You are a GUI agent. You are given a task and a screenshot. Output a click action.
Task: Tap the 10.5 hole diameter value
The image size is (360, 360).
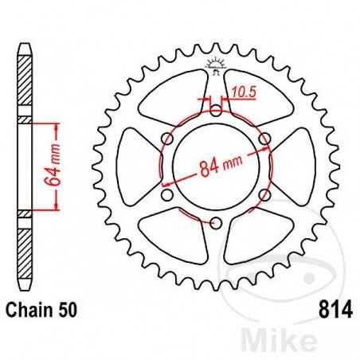pyautogui.click(x=243, y=94)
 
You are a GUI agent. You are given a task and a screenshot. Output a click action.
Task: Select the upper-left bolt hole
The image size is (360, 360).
pyautogui.click(x=166, y=139)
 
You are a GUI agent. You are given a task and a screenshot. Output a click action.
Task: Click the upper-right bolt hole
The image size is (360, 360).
pyautogui.click(x=264, y=139)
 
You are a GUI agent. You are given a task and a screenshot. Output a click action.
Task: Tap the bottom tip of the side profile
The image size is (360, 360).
pyautogui.click(x=25, y=295)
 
